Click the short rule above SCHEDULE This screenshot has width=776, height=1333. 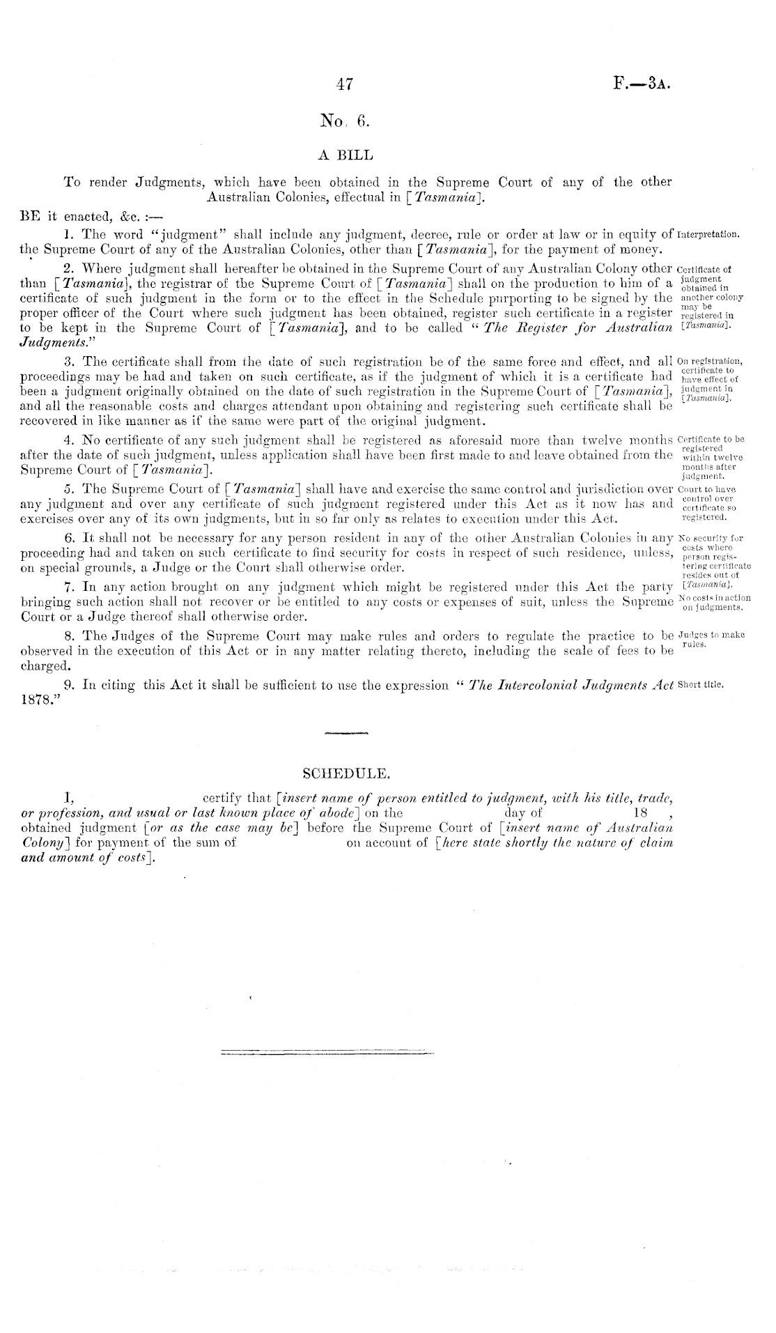coord(346,733)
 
